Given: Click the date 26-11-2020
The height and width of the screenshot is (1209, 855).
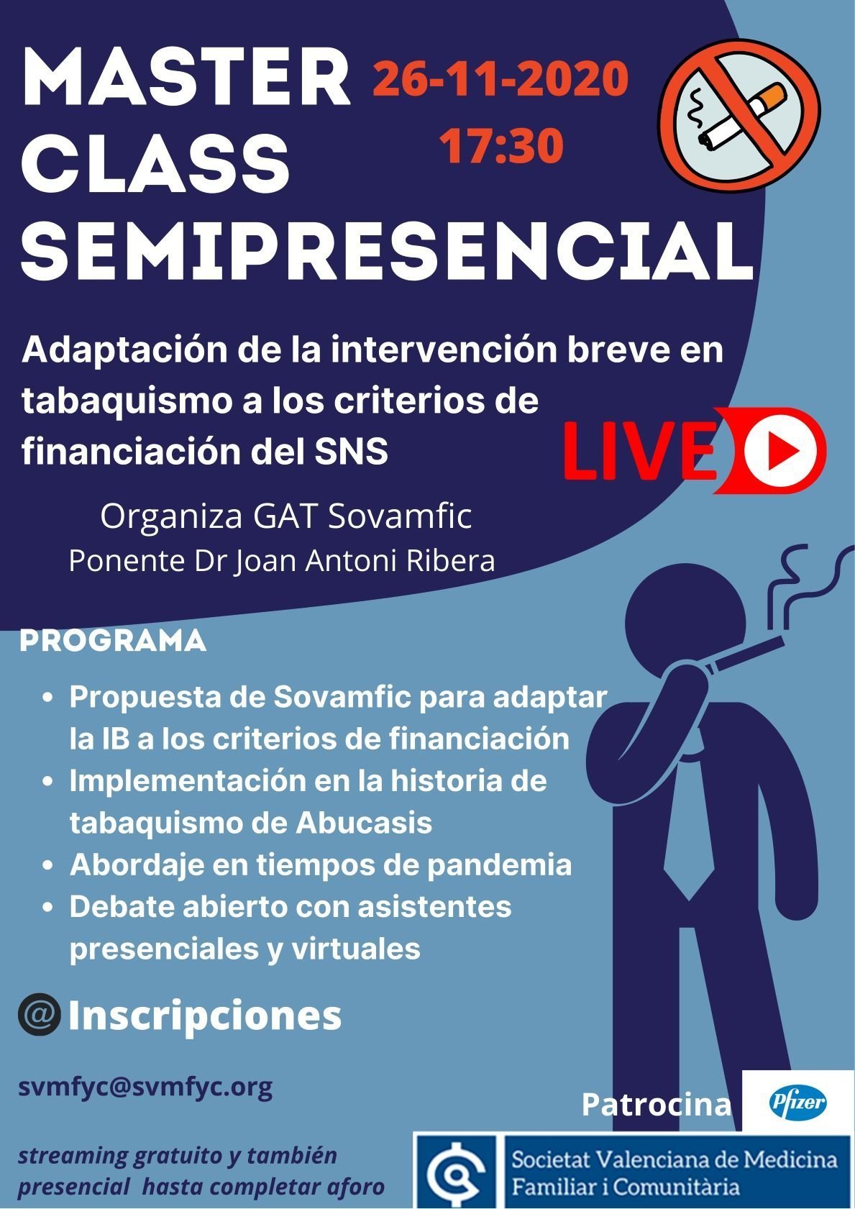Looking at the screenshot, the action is coord(500,79).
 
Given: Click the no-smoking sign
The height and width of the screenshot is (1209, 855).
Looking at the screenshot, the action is coord(739,114).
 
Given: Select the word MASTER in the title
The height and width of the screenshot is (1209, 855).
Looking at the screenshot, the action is coord(187,78).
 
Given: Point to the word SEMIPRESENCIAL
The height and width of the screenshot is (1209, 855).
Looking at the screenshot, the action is coord(387,249).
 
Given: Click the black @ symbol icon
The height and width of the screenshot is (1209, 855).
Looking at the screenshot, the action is coord(40,1016).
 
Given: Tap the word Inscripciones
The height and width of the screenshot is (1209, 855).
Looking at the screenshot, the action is coord(205,1016).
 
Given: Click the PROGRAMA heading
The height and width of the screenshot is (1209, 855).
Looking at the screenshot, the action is coord(113,642).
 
